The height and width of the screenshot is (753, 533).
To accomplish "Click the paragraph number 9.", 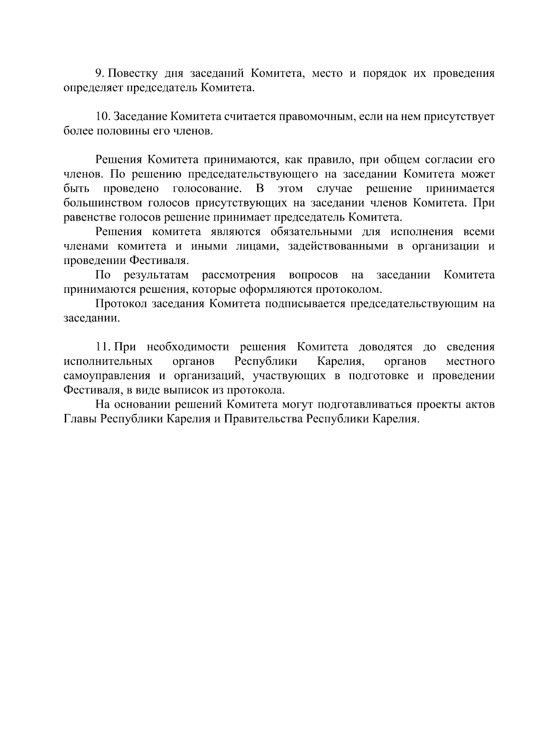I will coord(99,73).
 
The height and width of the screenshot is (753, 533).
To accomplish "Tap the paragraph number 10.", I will coord(103,117).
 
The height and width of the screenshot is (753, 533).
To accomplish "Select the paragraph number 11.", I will coord(103,347).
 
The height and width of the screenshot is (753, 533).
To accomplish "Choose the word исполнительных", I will coord(108,361).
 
